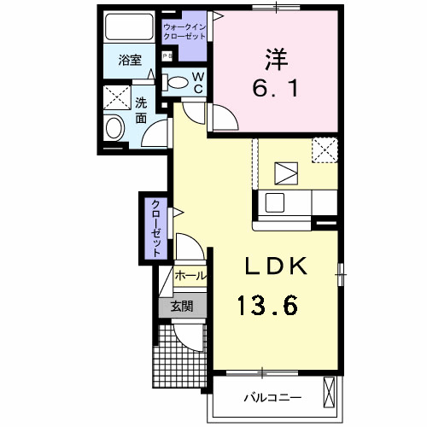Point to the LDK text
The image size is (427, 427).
click(x=276, y=266)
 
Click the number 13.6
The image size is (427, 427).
click(x=267, y=305)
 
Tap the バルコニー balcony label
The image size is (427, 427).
click(x=272, y=397)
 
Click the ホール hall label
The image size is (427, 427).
click(x=189, y=277)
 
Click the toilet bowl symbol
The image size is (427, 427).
click(x=177, y=83)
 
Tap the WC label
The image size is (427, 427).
click(x=196, y=82)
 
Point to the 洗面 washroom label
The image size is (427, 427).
click(x=141, y=110)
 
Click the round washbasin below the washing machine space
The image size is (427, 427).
click(x=114, y=129)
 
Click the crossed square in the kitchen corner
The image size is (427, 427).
click(x=324, y=151)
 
